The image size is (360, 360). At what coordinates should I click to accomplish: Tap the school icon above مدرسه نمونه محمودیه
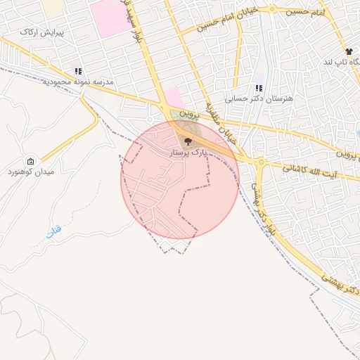coord(78,71)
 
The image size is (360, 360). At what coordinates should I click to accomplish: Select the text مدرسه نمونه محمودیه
coord(79,82)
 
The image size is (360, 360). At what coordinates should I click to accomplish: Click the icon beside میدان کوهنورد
coord(30,162)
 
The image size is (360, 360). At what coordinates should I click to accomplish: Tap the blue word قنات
coord(53,231)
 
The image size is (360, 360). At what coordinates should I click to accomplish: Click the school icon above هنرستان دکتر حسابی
coord(259,89)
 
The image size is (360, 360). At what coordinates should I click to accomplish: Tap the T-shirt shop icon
coord(348,51)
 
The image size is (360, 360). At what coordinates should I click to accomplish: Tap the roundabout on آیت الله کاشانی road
coord(260,162)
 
